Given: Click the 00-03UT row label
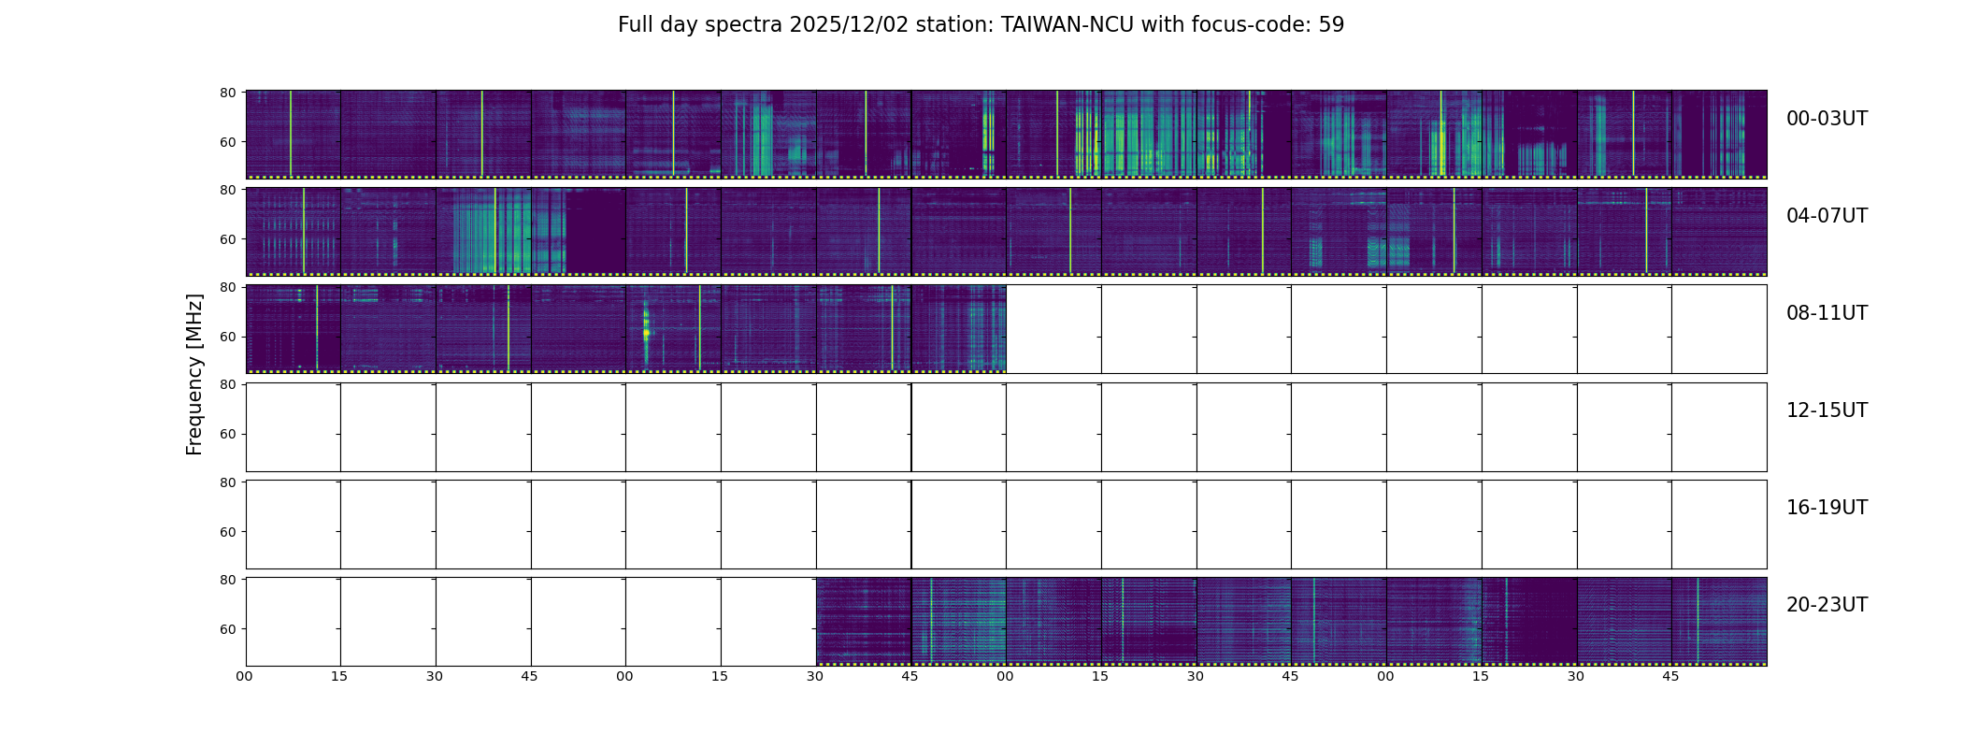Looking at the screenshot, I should pyautogui.click(x=1827, y=119).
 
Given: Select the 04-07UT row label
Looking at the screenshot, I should pyautogui.click(x=1827, y=216).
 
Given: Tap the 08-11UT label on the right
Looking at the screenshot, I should pyautogui.click(x=1827, y=313).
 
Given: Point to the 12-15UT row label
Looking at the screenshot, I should pyautogui.click(x=1827, y=410).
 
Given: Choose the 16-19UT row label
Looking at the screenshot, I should pyautogui.click(x=1827, y=508).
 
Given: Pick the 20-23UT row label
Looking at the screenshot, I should pyautogui.click(x=1827, y=605).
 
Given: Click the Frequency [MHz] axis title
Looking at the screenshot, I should pyautogui.click(x=194, y=374).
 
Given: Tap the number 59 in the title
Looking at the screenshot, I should pyautogui.click(x=1332, y=25).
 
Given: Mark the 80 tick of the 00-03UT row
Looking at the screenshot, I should pyautogui.click(x=227, y=93).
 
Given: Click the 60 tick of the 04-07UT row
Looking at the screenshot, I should pyautogui.click(x=227, y=239).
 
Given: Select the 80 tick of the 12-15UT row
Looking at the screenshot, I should pyautogui.click(x=227, y=384).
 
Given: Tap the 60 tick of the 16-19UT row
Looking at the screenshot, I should pyautogui.click(x=227, y=532).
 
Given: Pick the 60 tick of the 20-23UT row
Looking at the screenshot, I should pyautogui.click(x=227, y=629).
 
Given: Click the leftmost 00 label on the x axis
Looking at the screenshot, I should pyautogui.click(x=245, y=677).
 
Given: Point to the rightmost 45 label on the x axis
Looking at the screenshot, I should pyautogui.click(x=1670, y=677).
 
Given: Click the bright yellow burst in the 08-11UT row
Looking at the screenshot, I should pyautogui.click(x=646, y=332).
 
